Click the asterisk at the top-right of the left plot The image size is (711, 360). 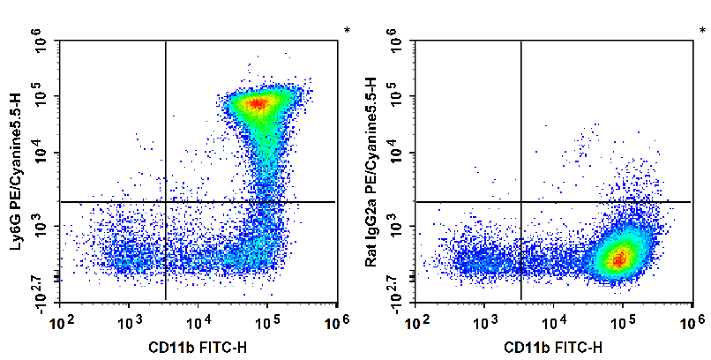[347, 32]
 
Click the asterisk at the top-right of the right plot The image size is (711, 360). [702, 32]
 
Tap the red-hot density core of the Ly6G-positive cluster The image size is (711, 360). [257, 104]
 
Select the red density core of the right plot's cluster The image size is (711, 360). [620, 259]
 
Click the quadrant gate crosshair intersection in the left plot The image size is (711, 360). [166, 202]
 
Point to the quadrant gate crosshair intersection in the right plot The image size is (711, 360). [521, 202]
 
